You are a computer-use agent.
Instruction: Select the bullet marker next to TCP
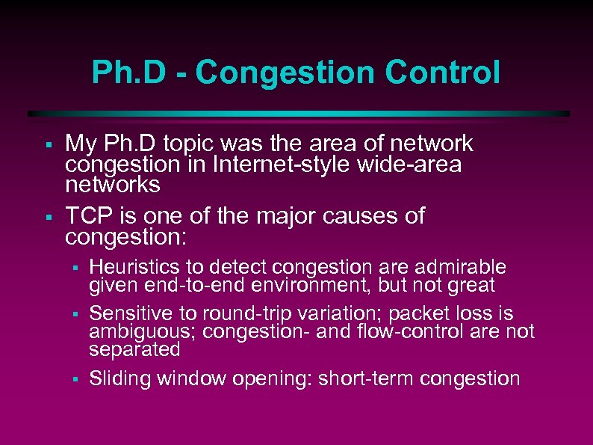[x=46, y=217]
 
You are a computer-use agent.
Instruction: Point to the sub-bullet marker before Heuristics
[x=75, y=268]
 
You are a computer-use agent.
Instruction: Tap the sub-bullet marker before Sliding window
[x=75, y=379]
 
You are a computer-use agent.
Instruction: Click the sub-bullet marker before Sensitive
[x=75, y=314]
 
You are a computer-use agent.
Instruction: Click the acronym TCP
[x=87, y=216]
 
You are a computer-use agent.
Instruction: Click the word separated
[x=134, y=349]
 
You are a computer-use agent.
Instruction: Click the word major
[x=288, y=216]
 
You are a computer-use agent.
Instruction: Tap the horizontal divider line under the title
[x=299, y=114]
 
